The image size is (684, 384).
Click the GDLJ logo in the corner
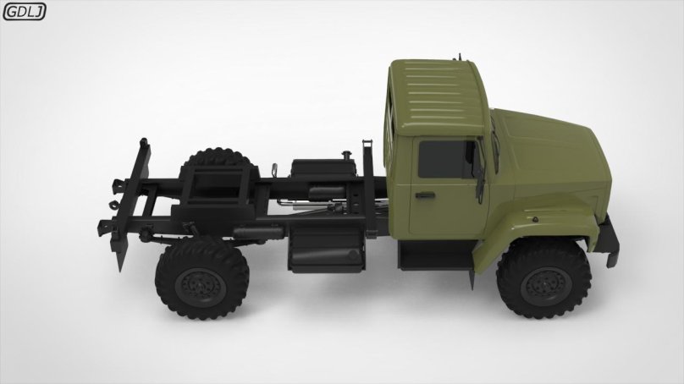click(24, 11)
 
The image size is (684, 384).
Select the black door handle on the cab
click(424, 195)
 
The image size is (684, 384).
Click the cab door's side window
click(446, 160)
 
